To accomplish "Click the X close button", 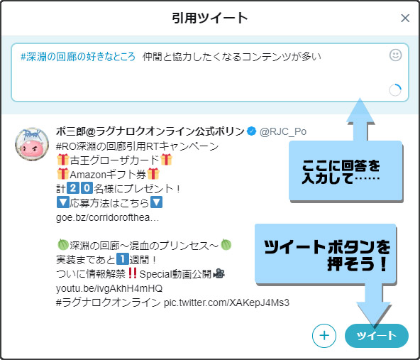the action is [405, 18].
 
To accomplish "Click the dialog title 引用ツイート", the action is [210, 18].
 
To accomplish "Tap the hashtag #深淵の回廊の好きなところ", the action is [78, 57].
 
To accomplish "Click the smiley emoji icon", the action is [395, 55].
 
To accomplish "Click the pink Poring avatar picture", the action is [32, 144].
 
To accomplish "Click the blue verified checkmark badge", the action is [251, 131].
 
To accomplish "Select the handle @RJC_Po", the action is [283, 131].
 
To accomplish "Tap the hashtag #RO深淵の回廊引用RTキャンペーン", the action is [138, 146].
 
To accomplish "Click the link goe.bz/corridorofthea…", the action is [107, 217].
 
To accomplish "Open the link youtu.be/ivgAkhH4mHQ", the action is [109, 288].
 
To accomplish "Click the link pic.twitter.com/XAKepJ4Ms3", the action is [226, 302].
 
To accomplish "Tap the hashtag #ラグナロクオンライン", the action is [109, 302].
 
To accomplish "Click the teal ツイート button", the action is [377, 336].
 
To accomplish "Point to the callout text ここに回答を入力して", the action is [341, 172].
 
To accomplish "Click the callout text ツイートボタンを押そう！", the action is [327, 255].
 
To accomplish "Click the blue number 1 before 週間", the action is [123, 259].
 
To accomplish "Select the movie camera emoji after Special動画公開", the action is [219, 273].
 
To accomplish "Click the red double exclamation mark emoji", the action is [132, 273].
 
